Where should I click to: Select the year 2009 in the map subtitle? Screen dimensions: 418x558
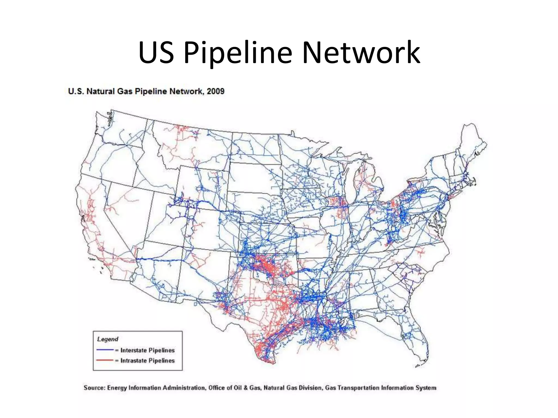(216, 91)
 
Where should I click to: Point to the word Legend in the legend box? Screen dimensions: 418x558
(108, 339)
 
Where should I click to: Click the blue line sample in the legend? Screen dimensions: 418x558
(105, 350)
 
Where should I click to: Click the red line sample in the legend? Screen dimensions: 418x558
(105, 360)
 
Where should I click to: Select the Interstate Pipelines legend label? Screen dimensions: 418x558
(147, 350)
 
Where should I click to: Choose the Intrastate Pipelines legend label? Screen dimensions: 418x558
(147, 361)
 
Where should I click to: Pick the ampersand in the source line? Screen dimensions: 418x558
(245, 388)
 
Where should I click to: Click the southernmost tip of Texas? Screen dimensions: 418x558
(272, 363)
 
